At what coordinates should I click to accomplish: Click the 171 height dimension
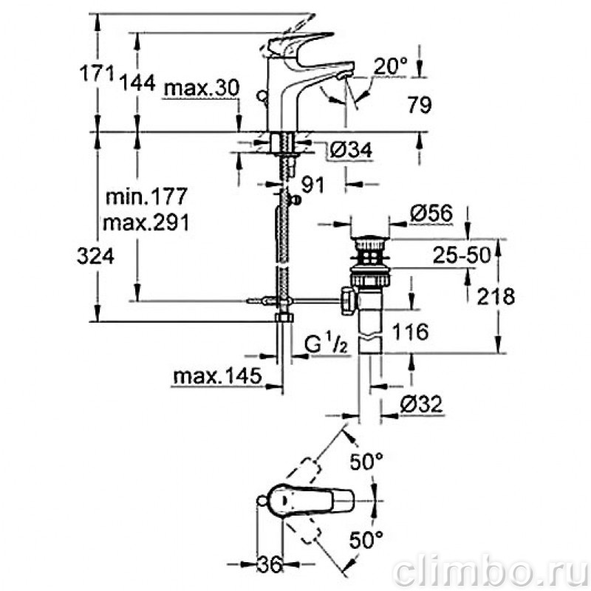point(97,73)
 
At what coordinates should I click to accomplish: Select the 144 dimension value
point(137,83)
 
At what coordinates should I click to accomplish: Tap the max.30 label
point(202,88)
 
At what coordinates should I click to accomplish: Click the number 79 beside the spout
point(420,104)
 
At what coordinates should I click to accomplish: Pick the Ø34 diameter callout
point(351,150)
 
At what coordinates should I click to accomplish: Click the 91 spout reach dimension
point(312,185)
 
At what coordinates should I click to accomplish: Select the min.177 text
point(146,197)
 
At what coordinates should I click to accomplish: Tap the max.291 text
point(146,223)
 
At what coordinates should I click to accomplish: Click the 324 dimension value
point(95,256)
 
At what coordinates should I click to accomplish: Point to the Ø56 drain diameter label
point(431,213)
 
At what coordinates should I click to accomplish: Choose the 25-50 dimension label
point(462,255)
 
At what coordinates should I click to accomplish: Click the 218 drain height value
point(496,296)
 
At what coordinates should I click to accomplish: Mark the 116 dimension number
point(410,332)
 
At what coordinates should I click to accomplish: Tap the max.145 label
point(217,376)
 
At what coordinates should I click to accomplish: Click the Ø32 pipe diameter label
point(421,404)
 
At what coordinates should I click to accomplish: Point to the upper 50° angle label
point(366,461)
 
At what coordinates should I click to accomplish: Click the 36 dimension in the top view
point(270,565)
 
